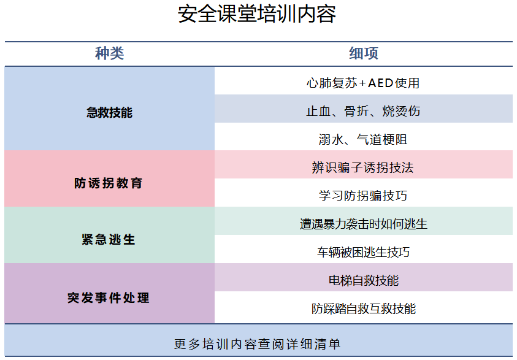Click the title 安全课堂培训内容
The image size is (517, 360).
(x=257, y=14)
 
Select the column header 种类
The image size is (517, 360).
(x=109, y=53)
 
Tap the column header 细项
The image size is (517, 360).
(x=364, y=53)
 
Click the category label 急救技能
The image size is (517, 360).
(x=109, y=112)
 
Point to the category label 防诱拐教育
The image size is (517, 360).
(x=109, y=183)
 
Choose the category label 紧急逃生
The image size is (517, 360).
(x=109, y=240)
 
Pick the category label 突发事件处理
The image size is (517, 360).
(x=109, y=298)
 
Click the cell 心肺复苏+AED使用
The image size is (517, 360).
(x=363, y=83)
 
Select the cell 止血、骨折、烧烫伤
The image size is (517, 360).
(x=363, y=111)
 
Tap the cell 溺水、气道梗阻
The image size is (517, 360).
(x=363, y=139)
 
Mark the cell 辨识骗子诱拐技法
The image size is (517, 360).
(x=362, y=167)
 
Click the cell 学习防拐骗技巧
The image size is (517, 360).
(x=363, y=196)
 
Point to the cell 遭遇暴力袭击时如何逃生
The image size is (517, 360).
(x=363, y=224)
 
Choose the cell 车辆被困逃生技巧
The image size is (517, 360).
(x=363, y=252)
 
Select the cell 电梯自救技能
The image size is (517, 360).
(x=364, y=280)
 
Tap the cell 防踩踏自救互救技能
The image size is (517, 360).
(x=364, y=309)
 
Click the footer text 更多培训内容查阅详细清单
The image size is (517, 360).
(x=257, y=344)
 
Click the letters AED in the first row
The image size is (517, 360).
(x=380, y=83)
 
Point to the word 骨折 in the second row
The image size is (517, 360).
(x=356, y=111)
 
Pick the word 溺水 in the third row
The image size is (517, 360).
(x=331, y=139)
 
